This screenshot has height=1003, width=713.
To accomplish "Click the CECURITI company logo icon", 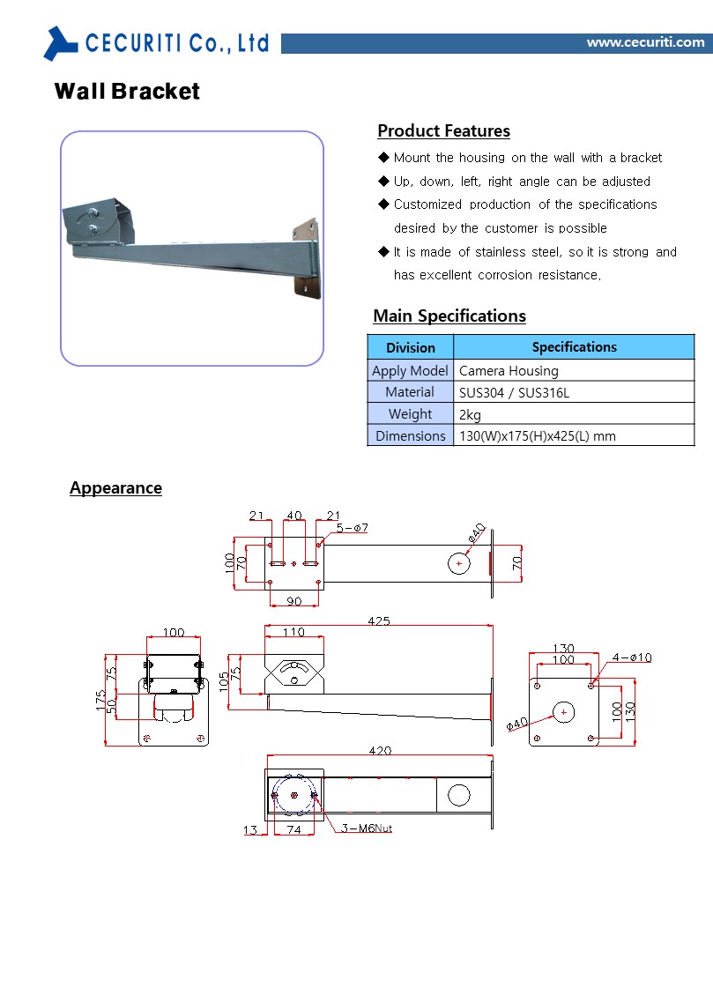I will (61, 42).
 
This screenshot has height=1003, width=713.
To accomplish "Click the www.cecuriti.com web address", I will (645, 42).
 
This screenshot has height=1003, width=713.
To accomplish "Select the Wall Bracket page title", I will (127, 92).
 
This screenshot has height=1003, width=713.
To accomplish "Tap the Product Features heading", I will (443, 131).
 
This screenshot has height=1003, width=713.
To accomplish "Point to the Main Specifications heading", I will (449, 316).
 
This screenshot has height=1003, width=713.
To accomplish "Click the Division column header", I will (410, 347).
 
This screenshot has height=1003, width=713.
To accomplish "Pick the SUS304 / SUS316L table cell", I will (514, 393).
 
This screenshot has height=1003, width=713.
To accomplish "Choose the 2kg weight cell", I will (470, 414).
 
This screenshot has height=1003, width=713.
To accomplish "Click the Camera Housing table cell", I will (509, 371).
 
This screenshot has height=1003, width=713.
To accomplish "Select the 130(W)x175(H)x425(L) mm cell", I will (537, 436).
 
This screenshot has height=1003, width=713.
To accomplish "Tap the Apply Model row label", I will (410, 371).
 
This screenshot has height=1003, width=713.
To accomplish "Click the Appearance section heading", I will (115, 488).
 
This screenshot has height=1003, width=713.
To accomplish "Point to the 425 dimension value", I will (379, 621).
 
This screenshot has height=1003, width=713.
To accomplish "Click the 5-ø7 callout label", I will (352, 528).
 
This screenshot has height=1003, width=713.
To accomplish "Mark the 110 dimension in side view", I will (293, 632).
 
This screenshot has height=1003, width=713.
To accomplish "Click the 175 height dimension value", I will (101, 701).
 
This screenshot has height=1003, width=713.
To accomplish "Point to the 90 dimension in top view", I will (294, 601).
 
